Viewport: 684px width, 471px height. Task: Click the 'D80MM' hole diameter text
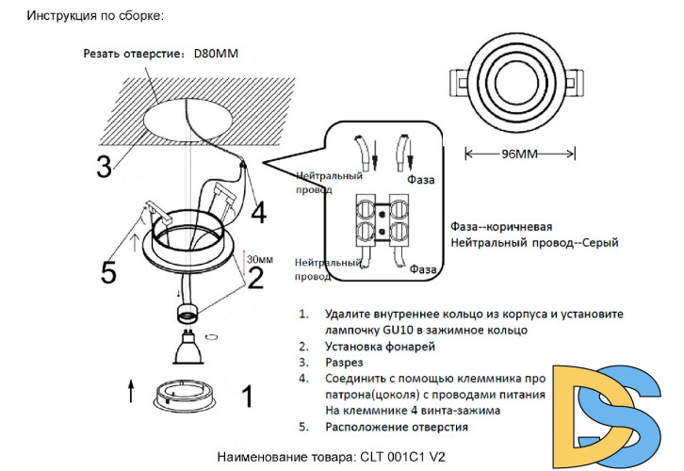tap(216, 54)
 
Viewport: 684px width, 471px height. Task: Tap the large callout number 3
tap(105, 164)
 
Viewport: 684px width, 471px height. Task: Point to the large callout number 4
tap(257, 211)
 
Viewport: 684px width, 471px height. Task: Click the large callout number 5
tap(109, 272)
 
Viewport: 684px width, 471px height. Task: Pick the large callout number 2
tap(255, 277)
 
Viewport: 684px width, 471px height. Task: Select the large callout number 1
tap(246, 397)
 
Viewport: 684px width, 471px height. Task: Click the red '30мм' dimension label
tap(259, 258)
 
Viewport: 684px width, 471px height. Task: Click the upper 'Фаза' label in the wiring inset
tap(421, 177)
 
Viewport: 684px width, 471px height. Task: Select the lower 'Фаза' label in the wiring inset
tap(424, 269)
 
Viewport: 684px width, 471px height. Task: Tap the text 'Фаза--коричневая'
tap(501, 227)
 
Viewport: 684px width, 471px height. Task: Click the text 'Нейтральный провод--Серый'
tap(534, 243)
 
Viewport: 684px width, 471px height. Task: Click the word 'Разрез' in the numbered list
tap(344, 362)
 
